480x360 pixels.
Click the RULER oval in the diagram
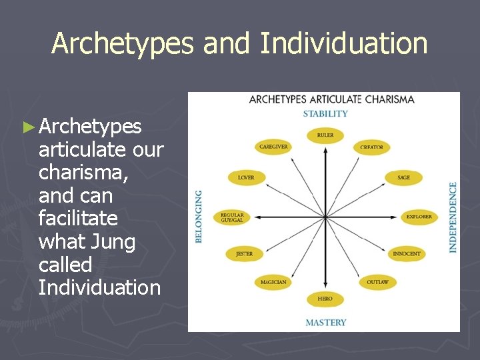point(325,135)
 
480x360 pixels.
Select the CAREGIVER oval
point(273,147)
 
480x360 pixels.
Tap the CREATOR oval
point(371,147)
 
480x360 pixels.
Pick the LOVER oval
point(246,178)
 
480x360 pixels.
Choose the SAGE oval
point(403,178)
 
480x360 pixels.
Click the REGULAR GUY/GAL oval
point(232,217)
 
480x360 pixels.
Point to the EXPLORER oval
point(419,217)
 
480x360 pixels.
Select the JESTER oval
point(245,254)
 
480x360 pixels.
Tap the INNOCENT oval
point(407,254)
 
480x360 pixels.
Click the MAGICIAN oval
point(273,282)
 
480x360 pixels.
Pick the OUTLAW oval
point(377,282)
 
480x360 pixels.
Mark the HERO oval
point(325,299)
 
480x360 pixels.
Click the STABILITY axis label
point(325,113)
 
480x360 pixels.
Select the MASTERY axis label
point(326,323)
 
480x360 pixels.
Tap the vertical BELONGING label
point(199,217)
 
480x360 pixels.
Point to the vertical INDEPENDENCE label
point(453,217)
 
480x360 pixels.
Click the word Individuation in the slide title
point(343,44)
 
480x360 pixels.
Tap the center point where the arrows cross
point(325,217)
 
